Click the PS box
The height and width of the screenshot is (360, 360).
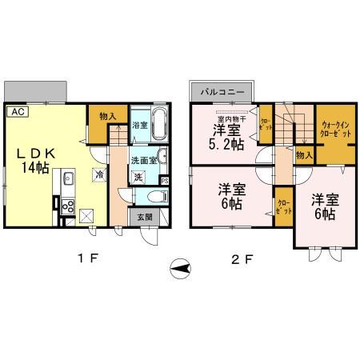[x=165, y=181]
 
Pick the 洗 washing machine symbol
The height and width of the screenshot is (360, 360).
[x=138, y=177]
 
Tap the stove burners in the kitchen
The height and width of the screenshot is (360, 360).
[x=66, y=205]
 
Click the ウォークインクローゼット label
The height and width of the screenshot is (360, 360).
[x=335, y=130]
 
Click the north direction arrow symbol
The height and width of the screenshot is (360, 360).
[x=182, y=267]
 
